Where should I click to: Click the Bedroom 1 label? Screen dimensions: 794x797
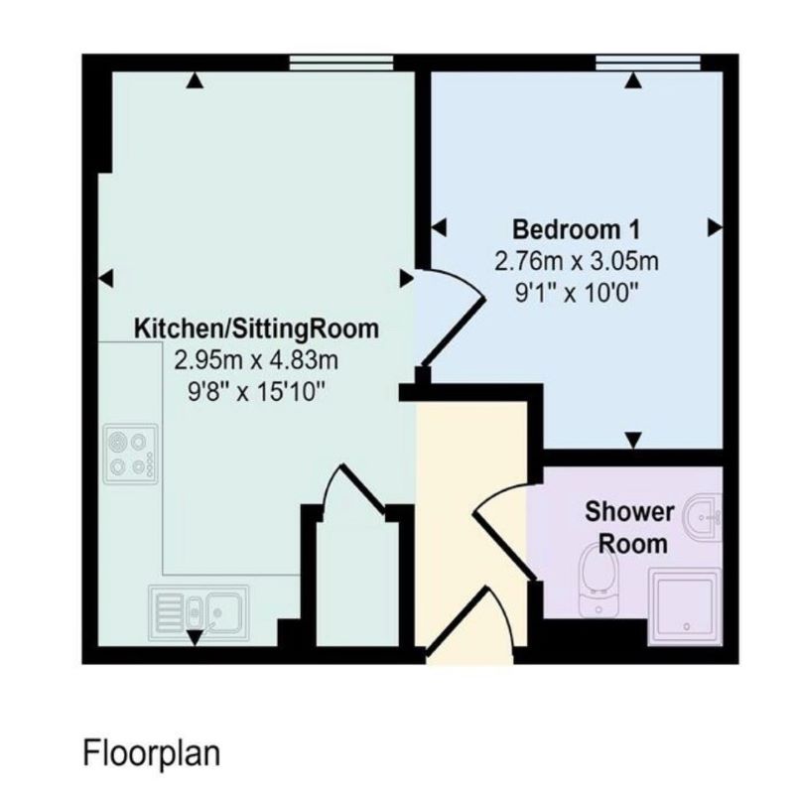click(x=576, y=229)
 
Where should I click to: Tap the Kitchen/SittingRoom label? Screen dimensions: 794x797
click(x=257, y=328)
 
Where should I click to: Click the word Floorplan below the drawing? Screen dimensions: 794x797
click(x=151, y=751)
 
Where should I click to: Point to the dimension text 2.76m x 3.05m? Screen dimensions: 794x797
click(x=576, y=261)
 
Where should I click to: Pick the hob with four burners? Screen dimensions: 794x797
click(x=130, y=454)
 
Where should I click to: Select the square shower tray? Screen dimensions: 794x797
click(x=685, y=605)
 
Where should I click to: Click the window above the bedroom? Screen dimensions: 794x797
click(x=648, y=64)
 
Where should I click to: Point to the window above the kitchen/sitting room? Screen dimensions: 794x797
click(x=341, y=64)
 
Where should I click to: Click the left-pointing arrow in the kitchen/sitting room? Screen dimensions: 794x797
click(x=107, y=277)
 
